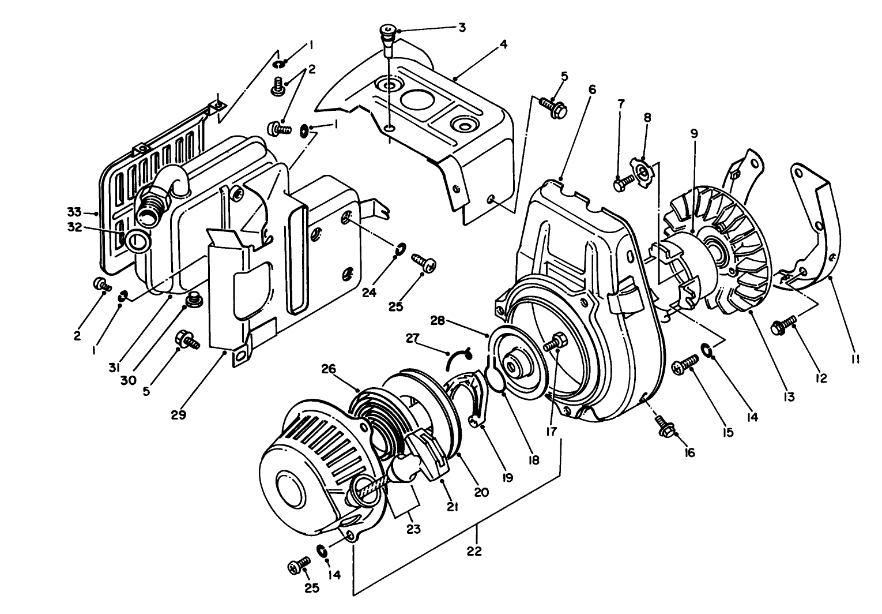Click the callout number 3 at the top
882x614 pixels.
(x=462, y=27)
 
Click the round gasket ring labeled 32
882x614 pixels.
(x=137, y=240)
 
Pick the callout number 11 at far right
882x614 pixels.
(x=855, y=359)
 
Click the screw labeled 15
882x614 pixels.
(x=685, y=367)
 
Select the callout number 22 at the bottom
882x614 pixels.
(x=474, y=551)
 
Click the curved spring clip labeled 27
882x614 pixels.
(x=458, y=357)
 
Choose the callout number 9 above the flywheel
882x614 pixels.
(x=694, y=133)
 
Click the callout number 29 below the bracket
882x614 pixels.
(x=179, y=414)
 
